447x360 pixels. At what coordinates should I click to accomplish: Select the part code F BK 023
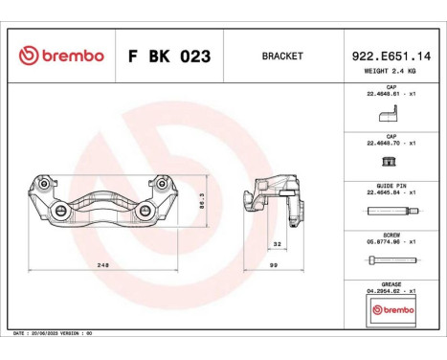(x=169, y=56)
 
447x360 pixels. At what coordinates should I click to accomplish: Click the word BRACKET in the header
(x=281, y=56)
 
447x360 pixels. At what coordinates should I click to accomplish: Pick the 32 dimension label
(x=276, y=243)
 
